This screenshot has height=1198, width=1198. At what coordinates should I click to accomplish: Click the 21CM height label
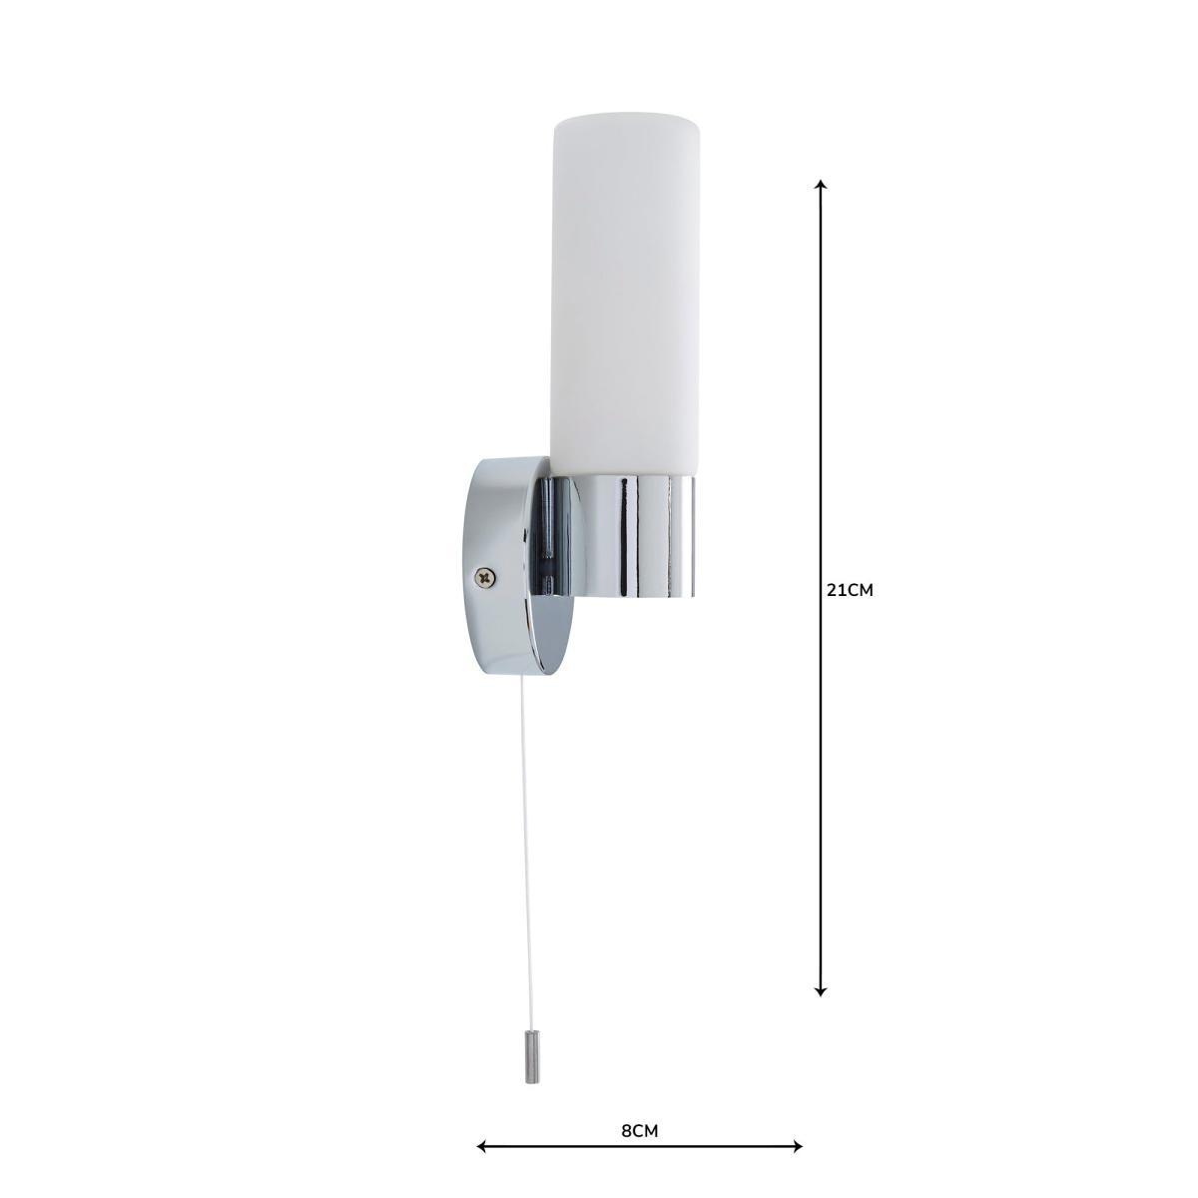(850, 591)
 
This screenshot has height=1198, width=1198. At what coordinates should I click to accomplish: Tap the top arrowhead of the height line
(821, 185)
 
